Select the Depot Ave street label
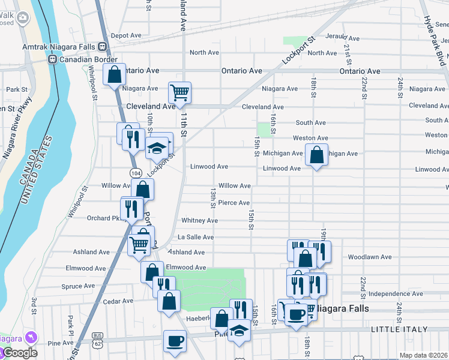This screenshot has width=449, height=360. (x=126, y=35)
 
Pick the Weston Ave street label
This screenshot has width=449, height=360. (x=310, y=139)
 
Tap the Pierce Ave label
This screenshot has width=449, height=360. (x=234, y=203)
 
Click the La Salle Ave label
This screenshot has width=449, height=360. (x=195, y=238)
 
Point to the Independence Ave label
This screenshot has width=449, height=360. (x=397, y=293)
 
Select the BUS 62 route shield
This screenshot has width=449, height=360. (x=97, y=339)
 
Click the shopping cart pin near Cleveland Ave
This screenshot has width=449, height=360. (x=179, y=92)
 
